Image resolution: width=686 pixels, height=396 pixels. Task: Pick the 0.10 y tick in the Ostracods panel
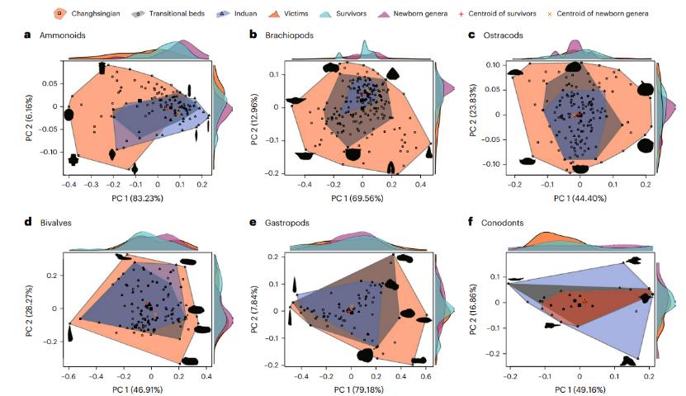click(x=490, y=64)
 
